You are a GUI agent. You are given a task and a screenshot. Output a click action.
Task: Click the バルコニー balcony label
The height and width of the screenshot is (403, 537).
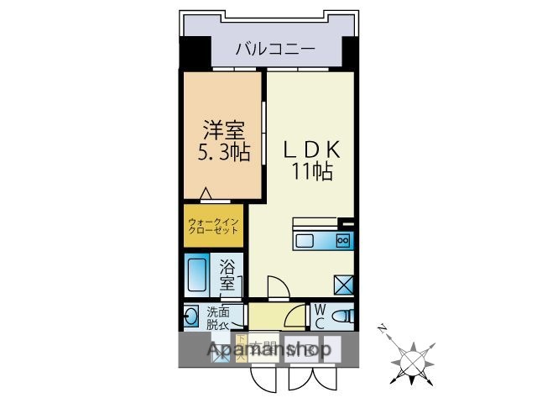coord(274,49)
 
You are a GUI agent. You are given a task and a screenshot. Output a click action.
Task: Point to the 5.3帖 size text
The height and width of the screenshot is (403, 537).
coord(224,154)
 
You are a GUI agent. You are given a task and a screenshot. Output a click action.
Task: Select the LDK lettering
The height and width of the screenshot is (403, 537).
coord(311,149)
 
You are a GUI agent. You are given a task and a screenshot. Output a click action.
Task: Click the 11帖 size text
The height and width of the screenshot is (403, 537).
coord(312,172)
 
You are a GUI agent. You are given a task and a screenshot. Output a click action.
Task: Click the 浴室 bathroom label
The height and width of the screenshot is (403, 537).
coord(227,275)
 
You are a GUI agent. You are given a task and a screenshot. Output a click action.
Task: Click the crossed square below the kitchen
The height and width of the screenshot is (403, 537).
coord(343,284)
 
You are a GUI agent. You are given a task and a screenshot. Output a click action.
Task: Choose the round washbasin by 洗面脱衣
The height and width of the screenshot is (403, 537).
coord(190,317)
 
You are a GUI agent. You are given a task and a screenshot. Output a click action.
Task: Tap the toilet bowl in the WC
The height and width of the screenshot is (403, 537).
coord(342,317)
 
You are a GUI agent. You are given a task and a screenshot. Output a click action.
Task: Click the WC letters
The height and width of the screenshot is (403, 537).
coord(320,317)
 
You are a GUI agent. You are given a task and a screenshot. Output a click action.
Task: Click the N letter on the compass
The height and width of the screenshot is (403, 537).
coord(382,328)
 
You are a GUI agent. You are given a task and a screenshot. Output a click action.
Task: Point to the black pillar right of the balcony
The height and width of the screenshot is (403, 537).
coord(349,54)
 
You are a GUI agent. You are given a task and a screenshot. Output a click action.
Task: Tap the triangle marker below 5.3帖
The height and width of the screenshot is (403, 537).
coord(206,193)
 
